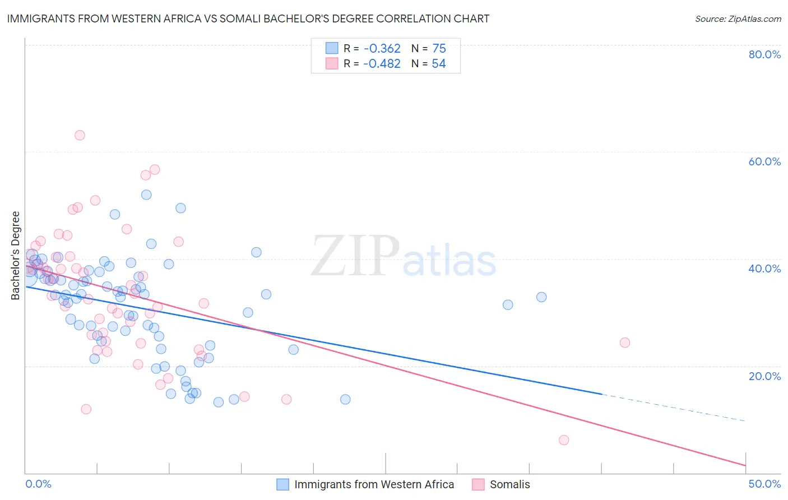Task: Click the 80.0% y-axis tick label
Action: tap(764, 54)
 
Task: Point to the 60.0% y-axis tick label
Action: tap(764, 161)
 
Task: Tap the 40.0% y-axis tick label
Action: tap(764, 268)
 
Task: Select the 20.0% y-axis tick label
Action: tap(764, 376)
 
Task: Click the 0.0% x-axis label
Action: tap(38, 484)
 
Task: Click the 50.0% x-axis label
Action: tap(764, 484)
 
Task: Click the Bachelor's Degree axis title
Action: tap(16, 256)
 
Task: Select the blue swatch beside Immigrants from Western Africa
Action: tap(283, 484)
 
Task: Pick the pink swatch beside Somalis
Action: tap(478, 484)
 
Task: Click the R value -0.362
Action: tap(382, 49)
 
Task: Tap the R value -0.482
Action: tap(382, 64)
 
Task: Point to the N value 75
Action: tap(439, 49)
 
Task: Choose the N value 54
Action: tap(438, 64)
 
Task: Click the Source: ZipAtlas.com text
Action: tap(738, 19)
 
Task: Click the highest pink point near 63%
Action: tap(80, 135)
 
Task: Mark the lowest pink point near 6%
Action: tap(564, 440)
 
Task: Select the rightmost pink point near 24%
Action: tap(625, 342)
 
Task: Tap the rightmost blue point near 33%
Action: tap(541, 297)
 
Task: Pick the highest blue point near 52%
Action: tap(146, 195)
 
